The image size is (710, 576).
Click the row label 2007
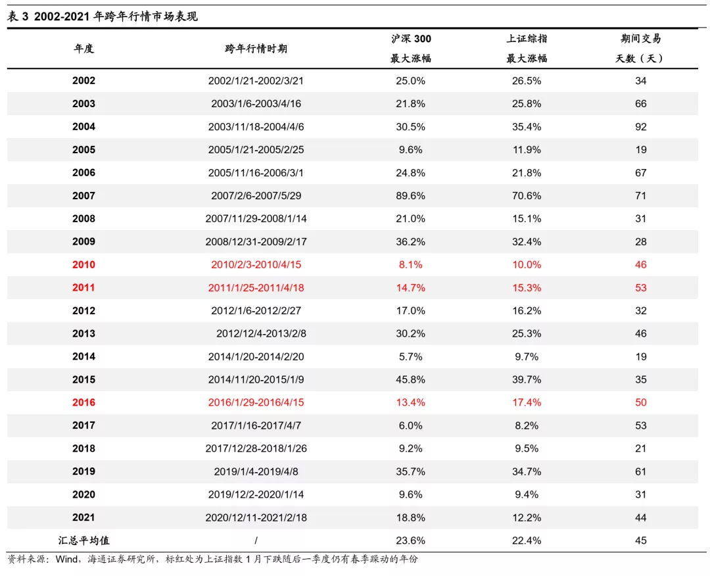coord(83,196)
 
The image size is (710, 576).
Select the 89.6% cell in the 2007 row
coord(410,196)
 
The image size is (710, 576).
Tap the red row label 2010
coord(83,265)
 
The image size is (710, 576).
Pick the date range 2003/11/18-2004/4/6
coord(256,127)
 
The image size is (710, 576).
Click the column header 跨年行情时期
coord(256,49)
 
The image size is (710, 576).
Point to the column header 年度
coord(83,49)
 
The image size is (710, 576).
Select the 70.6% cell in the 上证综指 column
coord(527,196)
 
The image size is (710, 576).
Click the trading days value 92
coord(641,127)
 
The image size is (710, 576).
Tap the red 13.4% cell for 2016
coord(410,402)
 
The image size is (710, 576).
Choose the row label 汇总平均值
coord(83,540)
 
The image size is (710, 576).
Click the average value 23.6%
coord(410,540)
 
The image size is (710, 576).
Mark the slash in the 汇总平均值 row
coord(256,540)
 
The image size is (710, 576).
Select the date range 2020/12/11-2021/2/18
coord(256,517)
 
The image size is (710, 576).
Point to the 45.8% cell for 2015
coord(410,379)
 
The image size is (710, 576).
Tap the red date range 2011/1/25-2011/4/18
coord(256,288)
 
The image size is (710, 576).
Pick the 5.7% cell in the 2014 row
coord(410,356)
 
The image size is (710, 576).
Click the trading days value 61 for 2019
coord(641,471)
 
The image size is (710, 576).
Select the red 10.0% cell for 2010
coord(527,265)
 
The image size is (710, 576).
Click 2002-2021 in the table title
coord(64,17)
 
